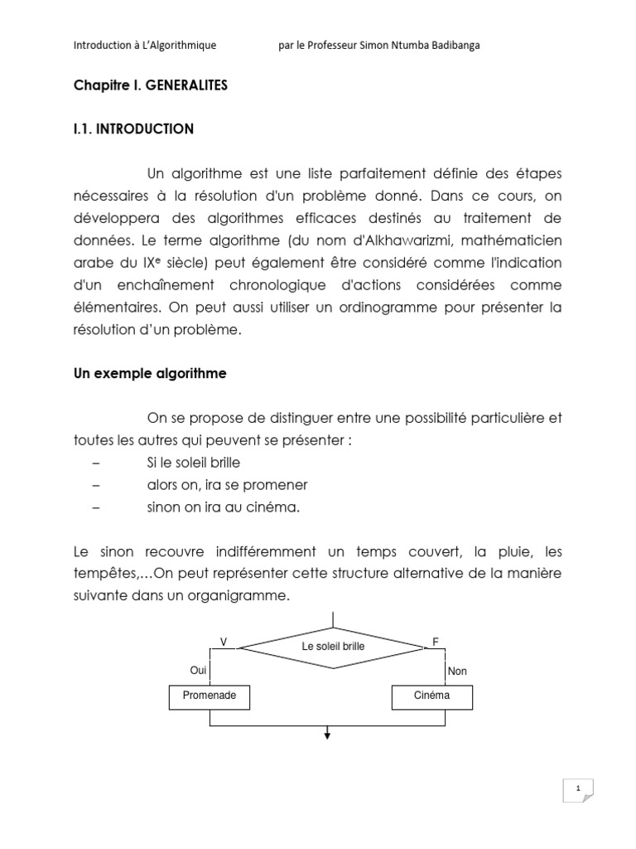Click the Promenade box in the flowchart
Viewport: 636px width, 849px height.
point(210,697)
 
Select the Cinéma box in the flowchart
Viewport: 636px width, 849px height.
point(432,697)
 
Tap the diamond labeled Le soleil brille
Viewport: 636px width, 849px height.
point(330,647)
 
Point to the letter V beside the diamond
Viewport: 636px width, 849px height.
point(223,642)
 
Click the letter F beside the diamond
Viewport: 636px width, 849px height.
point(436,642)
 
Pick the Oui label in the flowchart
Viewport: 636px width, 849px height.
point(198,671)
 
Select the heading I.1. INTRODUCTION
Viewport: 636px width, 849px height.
point(132,129)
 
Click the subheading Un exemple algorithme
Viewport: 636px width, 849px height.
point(150,374)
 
